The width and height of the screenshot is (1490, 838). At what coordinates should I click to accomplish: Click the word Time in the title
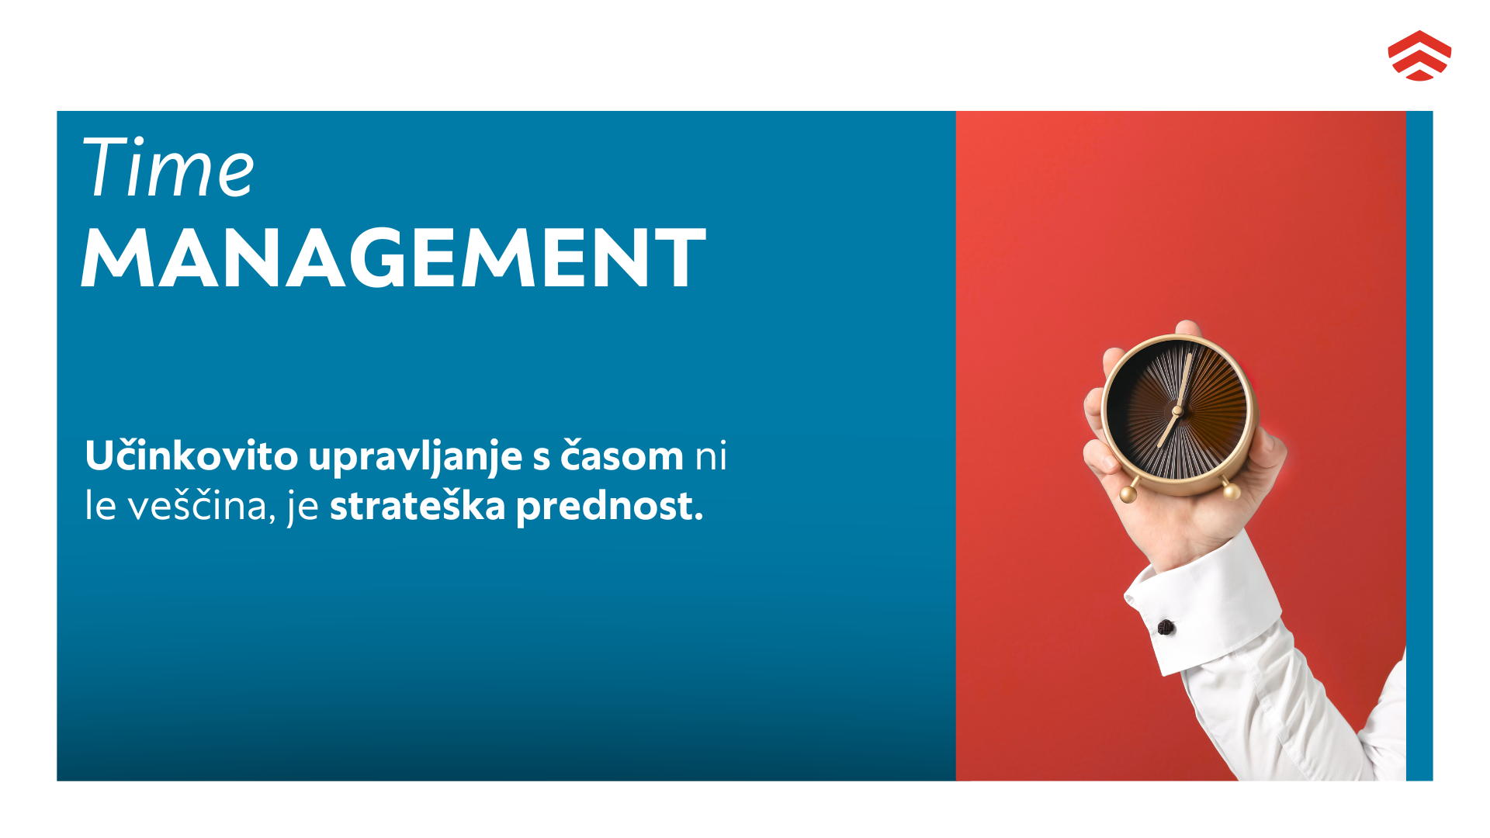(168, 168)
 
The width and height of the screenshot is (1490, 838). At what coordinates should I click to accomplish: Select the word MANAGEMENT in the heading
(393, 258)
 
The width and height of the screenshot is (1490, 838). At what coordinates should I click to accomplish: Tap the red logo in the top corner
(1419, 56)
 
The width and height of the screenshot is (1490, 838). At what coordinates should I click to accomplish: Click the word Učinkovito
(191, 455)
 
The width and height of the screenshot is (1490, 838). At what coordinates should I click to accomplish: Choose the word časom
(622, 455)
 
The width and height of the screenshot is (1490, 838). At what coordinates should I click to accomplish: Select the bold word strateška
(418, 506)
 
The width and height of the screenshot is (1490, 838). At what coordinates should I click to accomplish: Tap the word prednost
(609, 506)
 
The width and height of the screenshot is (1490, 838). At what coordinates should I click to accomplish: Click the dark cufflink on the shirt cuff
(1166, 627)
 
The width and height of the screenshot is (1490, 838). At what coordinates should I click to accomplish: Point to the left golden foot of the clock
(1128, 493)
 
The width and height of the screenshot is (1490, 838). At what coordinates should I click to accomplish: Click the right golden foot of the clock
(1231, 491)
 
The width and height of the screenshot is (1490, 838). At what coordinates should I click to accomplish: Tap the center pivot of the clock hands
(1177, 410)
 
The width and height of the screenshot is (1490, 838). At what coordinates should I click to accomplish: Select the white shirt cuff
(1203, 605)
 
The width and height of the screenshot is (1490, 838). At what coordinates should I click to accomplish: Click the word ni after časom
(711, 455)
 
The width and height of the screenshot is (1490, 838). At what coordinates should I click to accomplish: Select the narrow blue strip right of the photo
(1419, 446)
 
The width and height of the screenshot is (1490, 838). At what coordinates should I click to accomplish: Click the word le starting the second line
(100, 506)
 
